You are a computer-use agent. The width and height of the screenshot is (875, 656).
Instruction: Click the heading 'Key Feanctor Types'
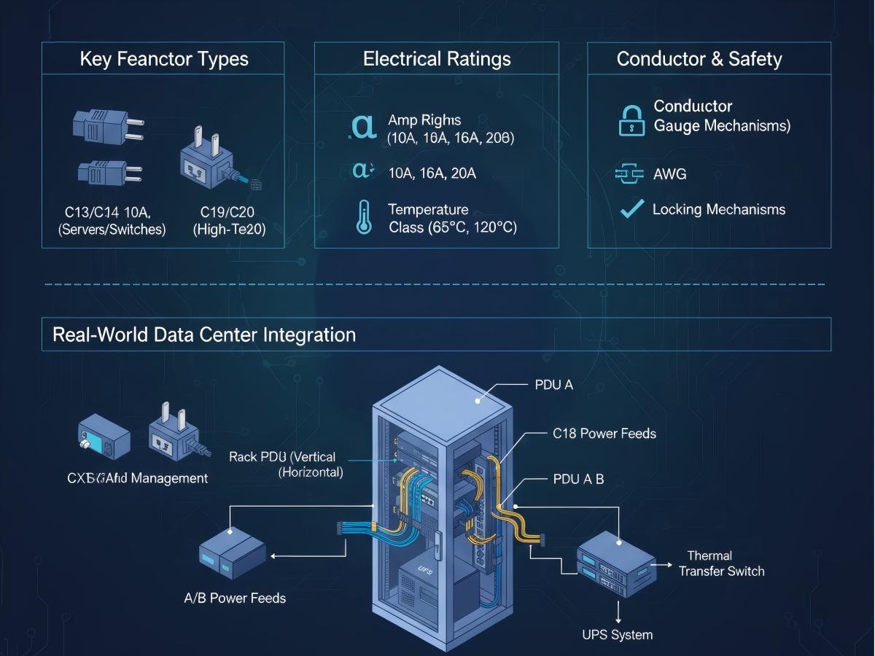163,59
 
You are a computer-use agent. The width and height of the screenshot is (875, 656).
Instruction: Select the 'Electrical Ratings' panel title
436,59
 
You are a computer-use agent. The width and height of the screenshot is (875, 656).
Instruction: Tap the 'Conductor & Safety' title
699,59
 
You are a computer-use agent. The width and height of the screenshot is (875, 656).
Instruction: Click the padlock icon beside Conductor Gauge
631,120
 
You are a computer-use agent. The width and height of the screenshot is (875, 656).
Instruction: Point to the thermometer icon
363,218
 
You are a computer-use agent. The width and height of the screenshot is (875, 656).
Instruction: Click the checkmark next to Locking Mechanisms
631,209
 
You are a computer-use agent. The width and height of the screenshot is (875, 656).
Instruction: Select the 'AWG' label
670,174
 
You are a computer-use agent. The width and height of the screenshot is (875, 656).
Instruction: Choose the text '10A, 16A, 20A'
432,173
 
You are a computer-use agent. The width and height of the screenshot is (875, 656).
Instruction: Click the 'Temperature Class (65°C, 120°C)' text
452,219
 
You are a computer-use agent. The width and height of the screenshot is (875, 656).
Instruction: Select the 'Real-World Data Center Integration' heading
204,335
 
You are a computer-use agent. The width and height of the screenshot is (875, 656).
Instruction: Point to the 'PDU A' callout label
553,385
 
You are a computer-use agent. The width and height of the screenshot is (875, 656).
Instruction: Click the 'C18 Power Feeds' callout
604,434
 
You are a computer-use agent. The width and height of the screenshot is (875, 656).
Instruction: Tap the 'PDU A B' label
578,480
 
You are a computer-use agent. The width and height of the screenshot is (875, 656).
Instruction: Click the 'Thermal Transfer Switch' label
720,563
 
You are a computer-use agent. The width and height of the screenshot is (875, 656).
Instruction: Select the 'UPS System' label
617,634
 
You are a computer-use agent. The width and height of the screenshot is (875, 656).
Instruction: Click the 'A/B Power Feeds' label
234,598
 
